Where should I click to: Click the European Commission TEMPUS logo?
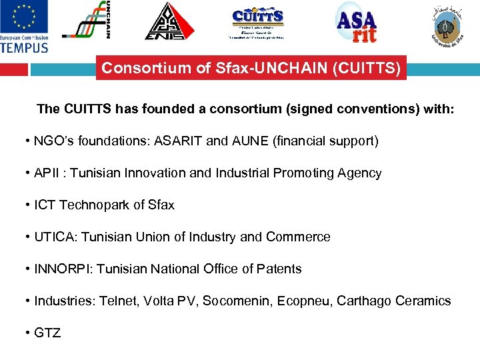click(x=25, y=27)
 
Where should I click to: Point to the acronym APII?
click(x=47, y=173)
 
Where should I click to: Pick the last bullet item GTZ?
click(x=47, y=333)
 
